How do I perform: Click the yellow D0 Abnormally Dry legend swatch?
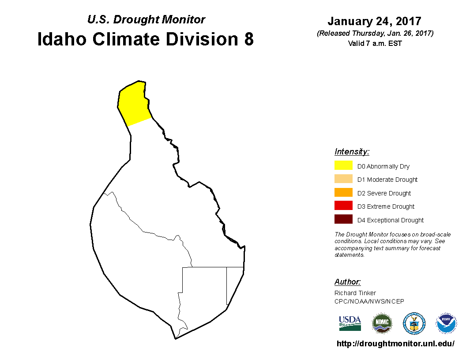point(343,165)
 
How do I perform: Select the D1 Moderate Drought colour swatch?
point(343,179)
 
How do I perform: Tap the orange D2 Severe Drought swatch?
point(343,192)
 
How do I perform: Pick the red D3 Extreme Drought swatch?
point(343,206)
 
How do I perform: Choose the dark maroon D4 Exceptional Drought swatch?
point(343,219)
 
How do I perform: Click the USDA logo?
point(350,323)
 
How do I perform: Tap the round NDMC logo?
point(382,323)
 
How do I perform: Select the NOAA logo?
point(446,323)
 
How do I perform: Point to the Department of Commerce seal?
point(414,323)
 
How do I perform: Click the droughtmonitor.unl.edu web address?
point(395,344)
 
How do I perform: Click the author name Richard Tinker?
point(355,293)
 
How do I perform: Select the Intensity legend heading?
point(352,152)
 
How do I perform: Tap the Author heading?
point(347,281)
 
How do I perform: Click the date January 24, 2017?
point(375,21)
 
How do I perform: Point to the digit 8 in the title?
point(249,39)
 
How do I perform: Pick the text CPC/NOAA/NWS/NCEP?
point(369,301)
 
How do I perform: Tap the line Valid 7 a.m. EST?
point(375,43)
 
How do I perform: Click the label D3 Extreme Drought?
point(386,206)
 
